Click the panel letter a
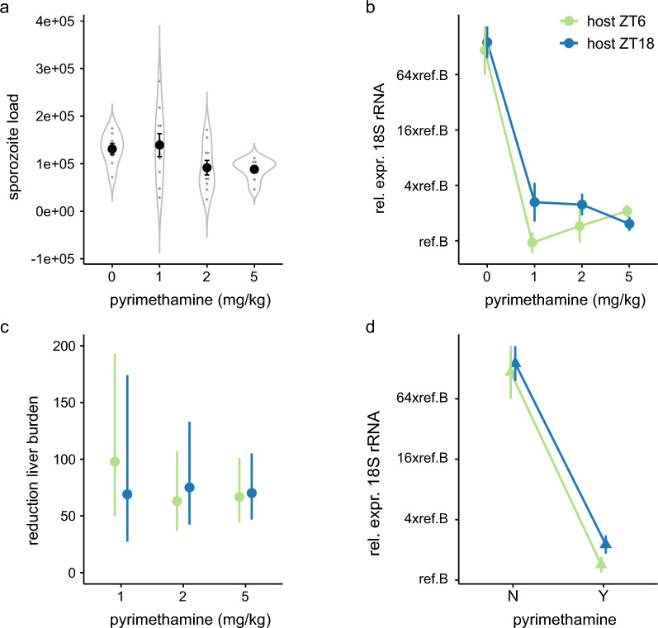(x=7, y=9)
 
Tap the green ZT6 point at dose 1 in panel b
(x=533, y=243)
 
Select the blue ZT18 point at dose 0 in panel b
(x=487, y=42)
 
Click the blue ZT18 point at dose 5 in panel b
(x=629, y=224)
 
